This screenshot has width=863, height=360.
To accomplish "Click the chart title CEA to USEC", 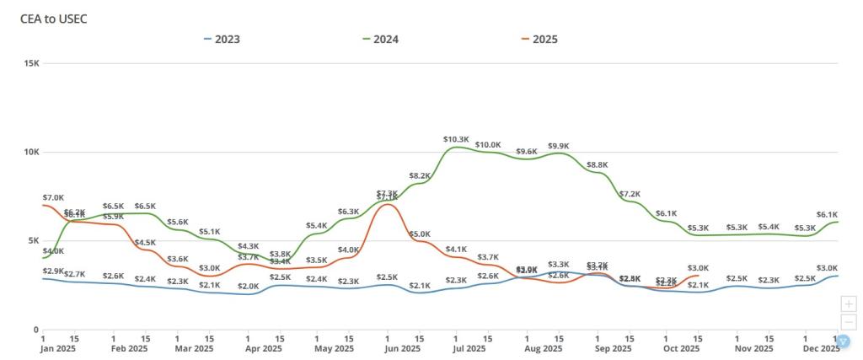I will coord(54,19).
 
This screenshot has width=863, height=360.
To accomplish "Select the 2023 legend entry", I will coord(222,39).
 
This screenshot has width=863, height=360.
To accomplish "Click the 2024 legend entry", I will coord(381,39).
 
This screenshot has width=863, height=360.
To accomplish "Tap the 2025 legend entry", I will coord(539,39).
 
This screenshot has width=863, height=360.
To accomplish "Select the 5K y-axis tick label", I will coord(33,240).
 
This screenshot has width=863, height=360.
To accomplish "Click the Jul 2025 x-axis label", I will coord(469,348).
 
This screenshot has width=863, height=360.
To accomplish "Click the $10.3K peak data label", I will coord(456,138).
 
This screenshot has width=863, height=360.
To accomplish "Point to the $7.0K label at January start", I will coord(52,196).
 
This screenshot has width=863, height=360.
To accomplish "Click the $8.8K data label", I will coord(597,164).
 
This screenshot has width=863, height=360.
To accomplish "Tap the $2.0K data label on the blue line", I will coord(248,286).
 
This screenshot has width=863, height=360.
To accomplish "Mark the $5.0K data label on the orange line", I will coord(420,234).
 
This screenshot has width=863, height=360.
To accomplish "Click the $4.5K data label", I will coord(146,243).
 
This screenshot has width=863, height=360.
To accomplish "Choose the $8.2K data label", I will coord(420,175).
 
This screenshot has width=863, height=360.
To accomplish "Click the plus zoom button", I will coord(849,304).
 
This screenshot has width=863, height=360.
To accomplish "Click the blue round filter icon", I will coord(843,341).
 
